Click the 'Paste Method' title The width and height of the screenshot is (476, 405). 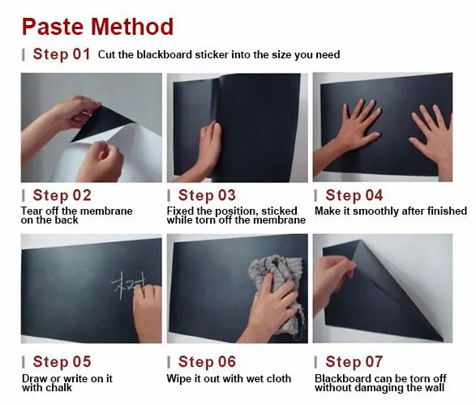coord(97,27)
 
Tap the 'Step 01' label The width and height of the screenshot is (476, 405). coord(62,54)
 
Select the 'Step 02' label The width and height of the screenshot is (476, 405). coord(62,195)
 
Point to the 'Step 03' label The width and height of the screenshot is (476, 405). coord(207,195)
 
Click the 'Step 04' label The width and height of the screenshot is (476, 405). coord(354,195)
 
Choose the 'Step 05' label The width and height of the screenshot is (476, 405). coord(62,361)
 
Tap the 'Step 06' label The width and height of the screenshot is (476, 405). coord(207,361)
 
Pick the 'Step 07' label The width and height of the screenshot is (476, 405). coord(354,361)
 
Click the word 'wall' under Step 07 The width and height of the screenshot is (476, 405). coord(434,388)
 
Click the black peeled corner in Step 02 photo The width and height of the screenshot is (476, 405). coord(101,124)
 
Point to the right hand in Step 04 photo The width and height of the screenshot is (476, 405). coord(432,136)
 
